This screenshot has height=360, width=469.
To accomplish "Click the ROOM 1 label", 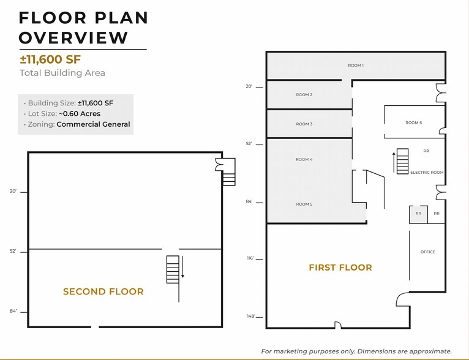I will click(x=355, y=66).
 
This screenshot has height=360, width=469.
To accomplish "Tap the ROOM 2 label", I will click(x=304, y=95).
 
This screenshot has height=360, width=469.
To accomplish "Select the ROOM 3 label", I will click(x=304, y=124).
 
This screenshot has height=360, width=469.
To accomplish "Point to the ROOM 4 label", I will click(x=304, y=160).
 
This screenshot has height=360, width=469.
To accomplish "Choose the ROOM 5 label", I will click(x=304, y=204).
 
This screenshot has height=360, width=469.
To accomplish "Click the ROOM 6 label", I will click(x=413, y=123).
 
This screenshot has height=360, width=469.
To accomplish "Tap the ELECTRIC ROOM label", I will click(x=427, y=173).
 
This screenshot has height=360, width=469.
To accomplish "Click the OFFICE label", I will click(x=428, y=252).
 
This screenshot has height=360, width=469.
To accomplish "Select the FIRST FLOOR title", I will click(x=340, y=268).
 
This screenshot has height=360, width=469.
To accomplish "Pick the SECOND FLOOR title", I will click(x=103, y=292).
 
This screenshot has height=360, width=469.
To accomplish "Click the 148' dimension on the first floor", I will click(x=251, y=317).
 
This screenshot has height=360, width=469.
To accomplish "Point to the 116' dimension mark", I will click(x=251, y=259).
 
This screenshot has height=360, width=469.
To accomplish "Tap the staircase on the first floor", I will click(x=403, y=162).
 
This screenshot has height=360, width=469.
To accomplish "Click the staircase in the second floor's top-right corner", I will click(x=228, y=172).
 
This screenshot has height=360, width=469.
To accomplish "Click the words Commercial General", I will click(x=93, y=124).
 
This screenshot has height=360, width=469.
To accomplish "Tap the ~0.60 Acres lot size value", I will click(x=80, y=114).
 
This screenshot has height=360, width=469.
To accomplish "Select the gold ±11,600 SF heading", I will click(x=50, y=59).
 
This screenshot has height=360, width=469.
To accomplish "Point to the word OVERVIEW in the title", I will click(x=73, y=37).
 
